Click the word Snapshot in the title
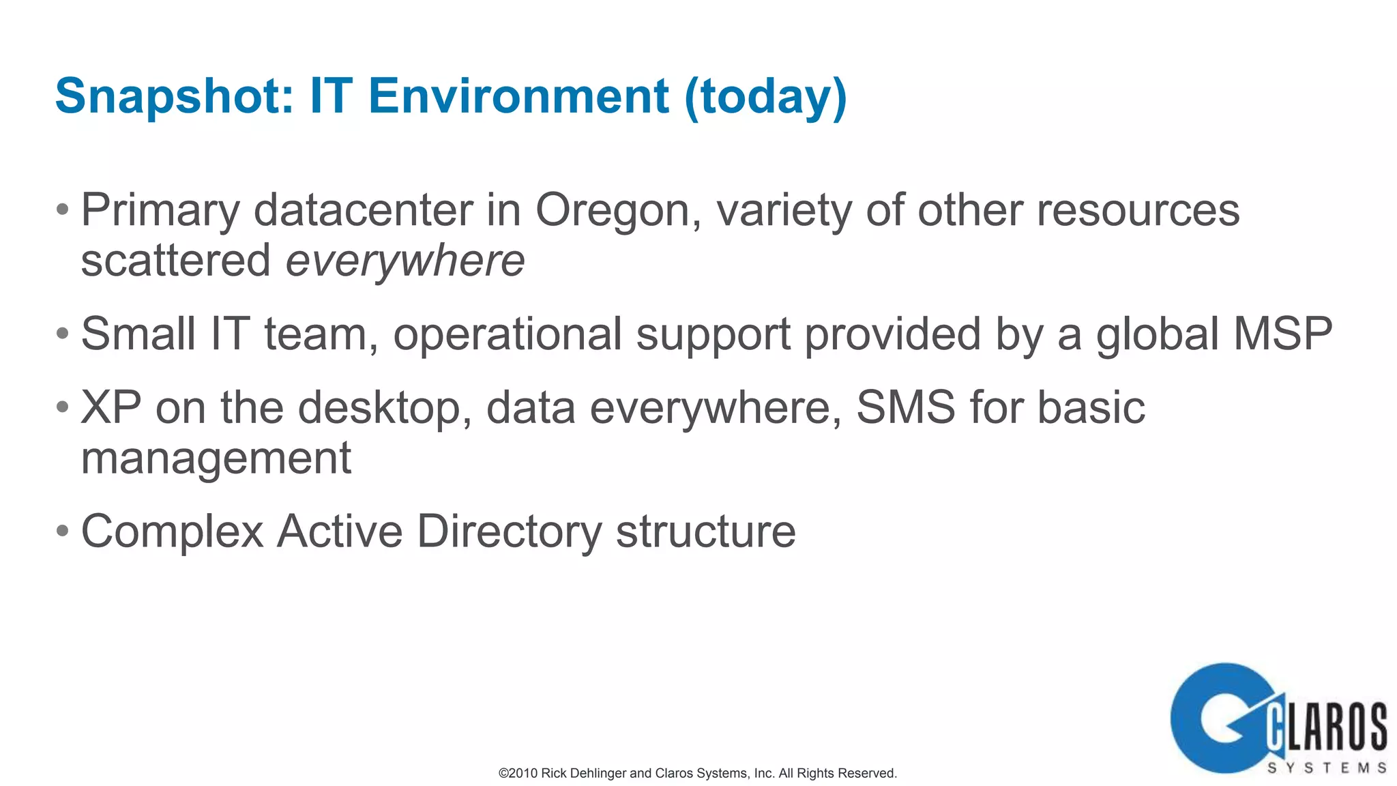pos(174,96)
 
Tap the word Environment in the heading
pos(518,96)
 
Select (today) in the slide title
pos(765,97)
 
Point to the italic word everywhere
pos(405,261)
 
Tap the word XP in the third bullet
pos(111,407)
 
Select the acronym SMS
pos(906,407)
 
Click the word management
pos(216,458)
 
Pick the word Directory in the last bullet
pos(510,532)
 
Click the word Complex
pos(173,532)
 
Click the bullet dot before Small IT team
pos(63,334)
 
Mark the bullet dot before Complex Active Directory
pos(63,530)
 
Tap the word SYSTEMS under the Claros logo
pos(1327,768)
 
